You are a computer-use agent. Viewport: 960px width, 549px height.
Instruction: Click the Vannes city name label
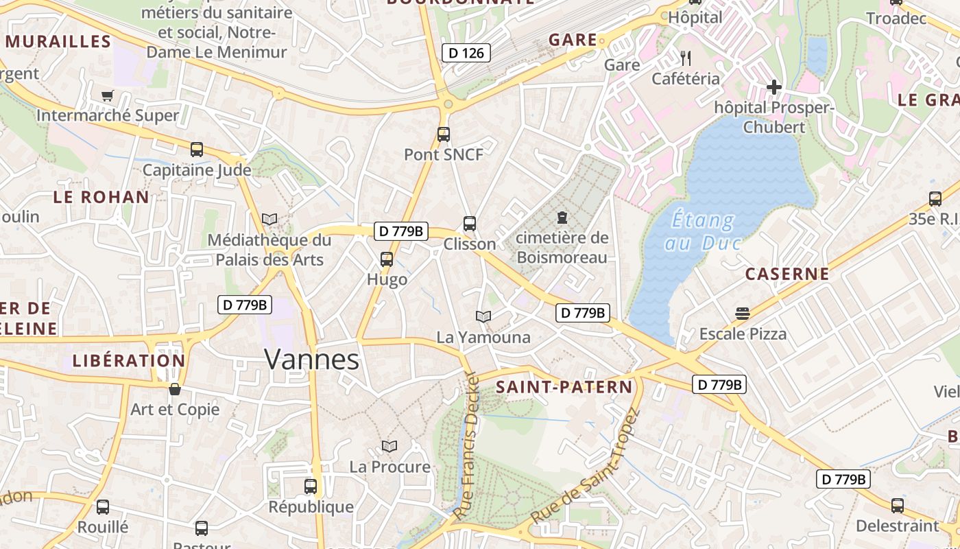(311, 360)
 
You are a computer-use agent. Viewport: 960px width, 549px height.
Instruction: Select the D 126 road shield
(466, 53)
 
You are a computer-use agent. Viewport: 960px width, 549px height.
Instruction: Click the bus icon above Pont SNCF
(444, 135)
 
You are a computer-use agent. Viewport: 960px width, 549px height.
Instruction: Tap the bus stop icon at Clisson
(470, 224)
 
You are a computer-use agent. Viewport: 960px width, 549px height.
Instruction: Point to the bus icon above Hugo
(387, 259)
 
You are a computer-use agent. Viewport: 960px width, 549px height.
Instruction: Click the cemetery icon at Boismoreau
(562, 218)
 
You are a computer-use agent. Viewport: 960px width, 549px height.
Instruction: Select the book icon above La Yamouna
(483, 316)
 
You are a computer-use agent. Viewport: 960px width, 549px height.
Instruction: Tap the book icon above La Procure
(389, 446)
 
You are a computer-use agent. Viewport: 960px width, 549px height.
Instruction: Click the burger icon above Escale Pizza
(742, 314)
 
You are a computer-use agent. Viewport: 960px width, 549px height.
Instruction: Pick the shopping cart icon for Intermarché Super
(107, 95)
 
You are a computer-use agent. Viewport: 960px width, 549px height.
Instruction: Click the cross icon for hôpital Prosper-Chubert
(774, 87)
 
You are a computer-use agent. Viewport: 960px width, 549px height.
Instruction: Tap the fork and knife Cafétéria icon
(686, 58)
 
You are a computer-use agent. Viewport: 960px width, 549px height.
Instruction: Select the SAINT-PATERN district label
(564, 387)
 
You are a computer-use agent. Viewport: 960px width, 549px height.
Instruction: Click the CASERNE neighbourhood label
(787, 274)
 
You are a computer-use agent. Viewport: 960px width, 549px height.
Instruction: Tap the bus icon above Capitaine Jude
(197, 149)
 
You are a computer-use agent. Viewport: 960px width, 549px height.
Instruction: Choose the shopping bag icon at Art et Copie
(175, 389)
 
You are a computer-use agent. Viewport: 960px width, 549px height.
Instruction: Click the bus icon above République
(311, 487)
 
